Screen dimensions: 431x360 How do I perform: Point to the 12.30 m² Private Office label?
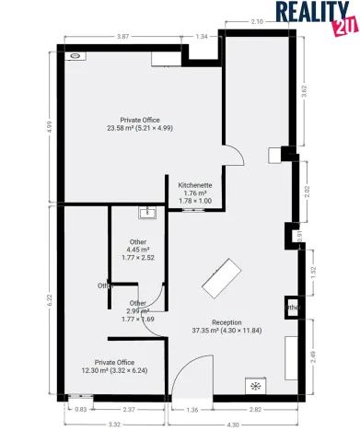[108, 367]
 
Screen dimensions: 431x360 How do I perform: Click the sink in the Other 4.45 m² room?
[146, 213]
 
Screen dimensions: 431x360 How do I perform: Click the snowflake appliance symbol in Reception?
[252, 386]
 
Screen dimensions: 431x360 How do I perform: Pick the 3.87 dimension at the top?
[122, 36]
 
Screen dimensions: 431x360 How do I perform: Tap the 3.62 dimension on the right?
[316, 92]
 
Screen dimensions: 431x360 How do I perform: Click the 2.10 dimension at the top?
[257, 21]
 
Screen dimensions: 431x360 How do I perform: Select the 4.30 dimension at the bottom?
[233, 424]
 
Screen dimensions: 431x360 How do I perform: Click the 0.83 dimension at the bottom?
[81, 409]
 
